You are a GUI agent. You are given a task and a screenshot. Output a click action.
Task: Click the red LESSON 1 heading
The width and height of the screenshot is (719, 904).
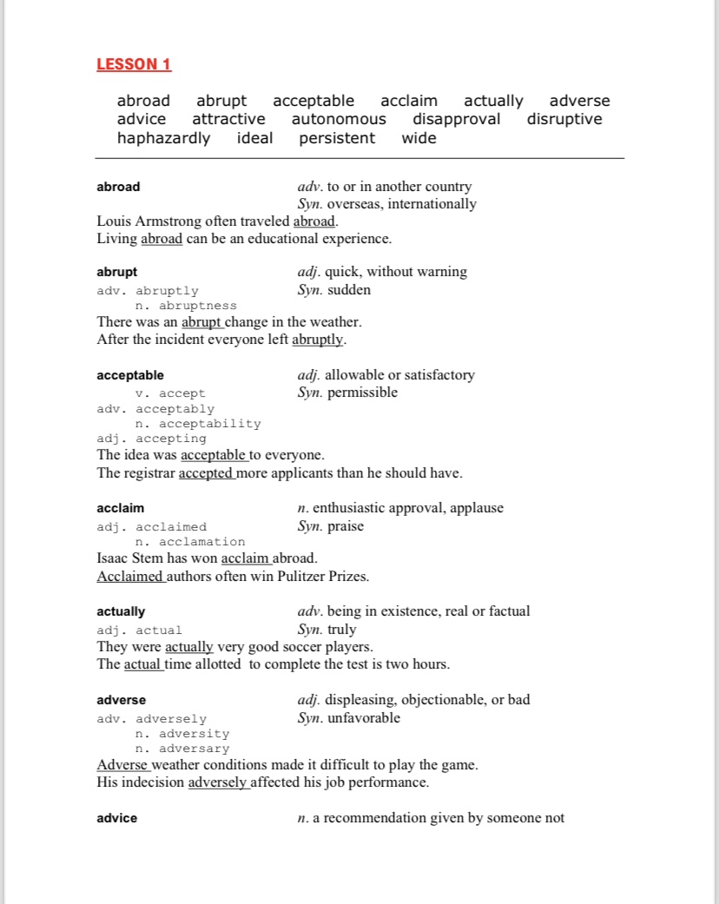(134, 64)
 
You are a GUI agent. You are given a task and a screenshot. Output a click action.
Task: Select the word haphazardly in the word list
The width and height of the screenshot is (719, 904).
(163, 138)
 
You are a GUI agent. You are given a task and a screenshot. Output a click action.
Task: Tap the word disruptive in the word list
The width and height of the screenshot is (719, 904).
(564, 119)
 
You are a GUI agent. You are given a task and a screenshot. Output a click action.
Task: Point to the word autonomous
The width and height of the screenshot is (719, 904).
(339, 119)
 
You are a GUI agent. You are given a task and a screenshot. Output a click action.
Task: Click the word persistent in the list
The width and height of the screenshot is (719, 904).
(337, 138)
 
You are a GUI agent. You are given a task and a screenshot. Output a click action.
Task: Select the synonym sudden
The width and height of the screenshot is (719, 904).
(349, 290)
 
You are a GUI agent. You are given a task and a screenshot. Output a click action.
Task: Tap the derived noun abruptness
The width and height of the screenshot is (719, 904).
(197, 306)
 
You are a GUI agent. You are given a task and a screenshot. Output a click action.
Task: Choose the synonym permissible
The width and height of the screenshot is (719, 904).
(362, 393)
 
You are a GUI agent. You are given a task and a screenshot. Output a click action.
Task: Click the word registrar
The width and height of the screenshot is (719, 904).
(150, 473)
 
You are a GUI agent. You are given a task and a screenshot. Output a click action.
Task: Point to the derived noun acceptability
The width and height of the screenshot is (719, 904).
(209, 424)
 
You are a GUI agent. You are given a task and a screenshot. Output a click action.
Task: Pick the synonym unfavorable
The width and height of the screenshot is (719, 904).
(364, 718)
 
